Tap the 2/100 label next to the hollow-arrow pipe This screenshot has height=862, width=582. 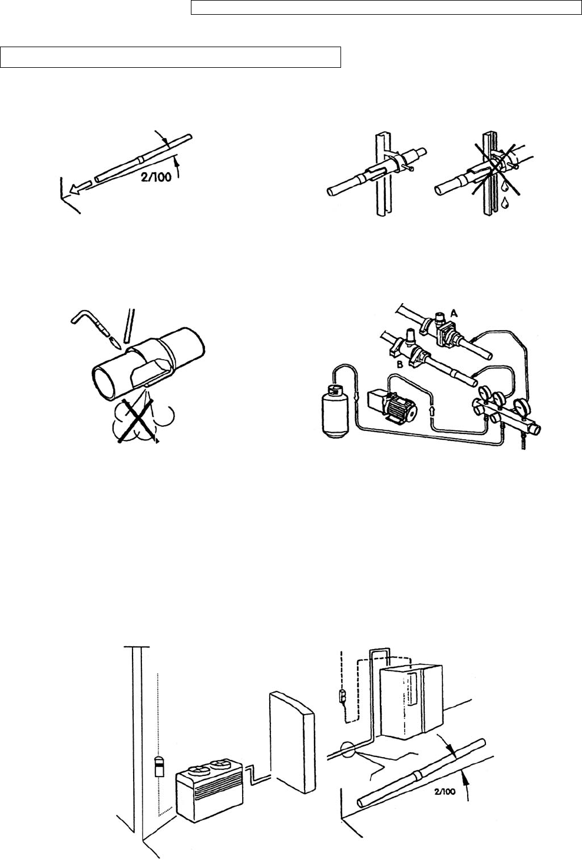tap(155, 177)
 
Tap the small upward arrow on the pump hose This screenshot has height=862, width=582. tap(434, 408)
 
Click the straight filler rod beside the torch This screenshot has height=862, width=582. tap(130, 327)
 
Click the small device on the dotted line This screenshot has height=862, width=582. tap(158, 767)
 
